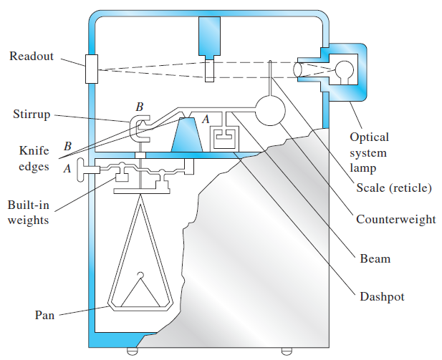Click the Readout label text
pos(31,57)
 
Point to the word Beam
pos(375,257)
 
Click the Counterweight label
pos(395,219)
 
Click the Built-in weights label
pos(28,212)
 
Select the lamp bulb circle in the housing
pos(345,70)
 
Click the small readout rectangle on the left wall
pos(91,69)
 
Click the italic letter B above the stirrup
pos(140,107)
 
